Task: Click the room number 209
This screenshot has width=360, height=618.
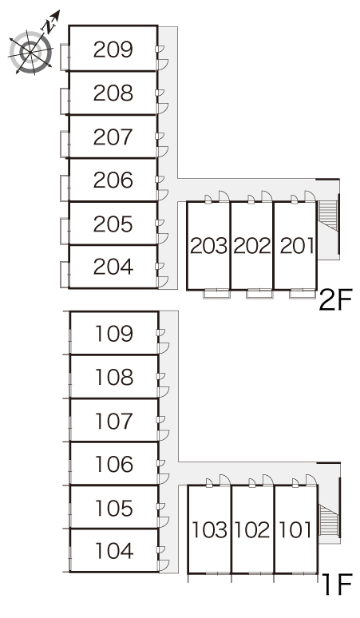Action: (113, 50)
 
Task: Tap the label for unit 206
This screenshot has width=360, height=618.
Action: (113, 180)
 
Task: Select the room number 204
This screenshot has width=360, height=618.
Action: (113, 267)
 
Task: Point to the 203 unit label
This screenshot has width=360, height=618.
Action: (209, 247)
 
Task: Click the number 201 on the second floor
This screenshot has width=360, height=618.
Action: (297, 246)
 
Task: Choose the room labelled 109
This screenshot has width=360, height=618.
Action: (114, 334)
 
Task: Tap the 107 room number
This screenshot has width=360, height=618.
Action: (114, 421)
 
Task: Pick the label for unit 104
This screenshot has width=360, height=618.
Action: (114, 551)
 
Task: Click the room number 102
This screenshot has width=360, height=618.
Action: (252, 530)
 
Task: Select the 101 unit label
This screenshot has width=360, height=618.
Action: (295, 529)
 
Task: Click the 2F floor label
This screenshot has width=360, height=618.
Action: (334, 300)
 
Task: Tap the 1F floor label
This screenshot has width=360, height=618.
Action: (337, 584)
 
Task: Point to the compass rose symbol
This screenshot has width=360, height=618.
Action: (30, 52)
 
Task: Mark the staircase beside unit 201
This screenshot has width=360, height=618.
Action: (328, 216)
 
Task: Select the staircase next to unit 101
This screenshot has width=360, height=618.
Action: (329, 520)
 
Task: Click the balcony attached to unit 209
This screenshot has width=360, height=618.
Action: (65, 57)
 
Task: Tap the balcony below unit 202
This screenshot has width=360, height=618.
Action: (259, 294)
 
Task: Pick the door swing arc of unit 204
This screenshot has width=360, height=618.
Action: (163, 282)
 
